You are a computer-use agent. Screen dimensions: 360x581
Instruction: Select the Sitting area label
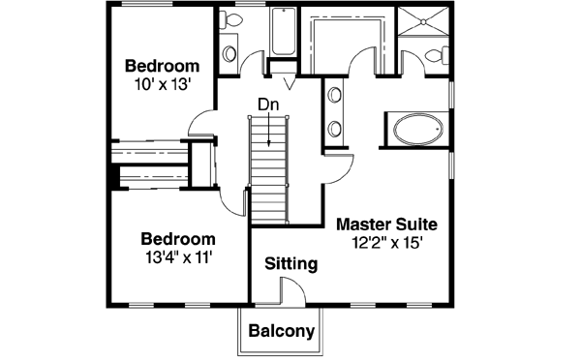tap(290, 262)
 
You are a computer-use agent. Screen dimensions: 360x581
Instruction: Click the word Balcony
tap(282, 332)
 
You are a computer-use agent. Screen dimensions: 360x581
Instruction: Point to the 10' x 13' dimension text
tap(162, 84)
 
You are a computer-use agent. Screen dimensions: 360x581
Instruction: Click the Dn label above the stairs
tap(268, 104)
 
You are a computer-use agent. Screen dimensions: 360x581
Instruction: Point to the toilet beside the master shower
tap(441, 55)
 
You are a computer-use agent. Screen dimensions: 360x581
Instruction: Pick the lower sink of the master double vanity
tap(335, 127)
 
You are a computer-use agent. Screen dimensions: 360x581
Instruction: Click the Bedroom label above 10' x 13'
tap(162, 66)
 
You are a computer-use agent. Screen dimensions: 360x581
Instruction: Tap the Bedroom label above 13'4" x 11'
tap(177, 239)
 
